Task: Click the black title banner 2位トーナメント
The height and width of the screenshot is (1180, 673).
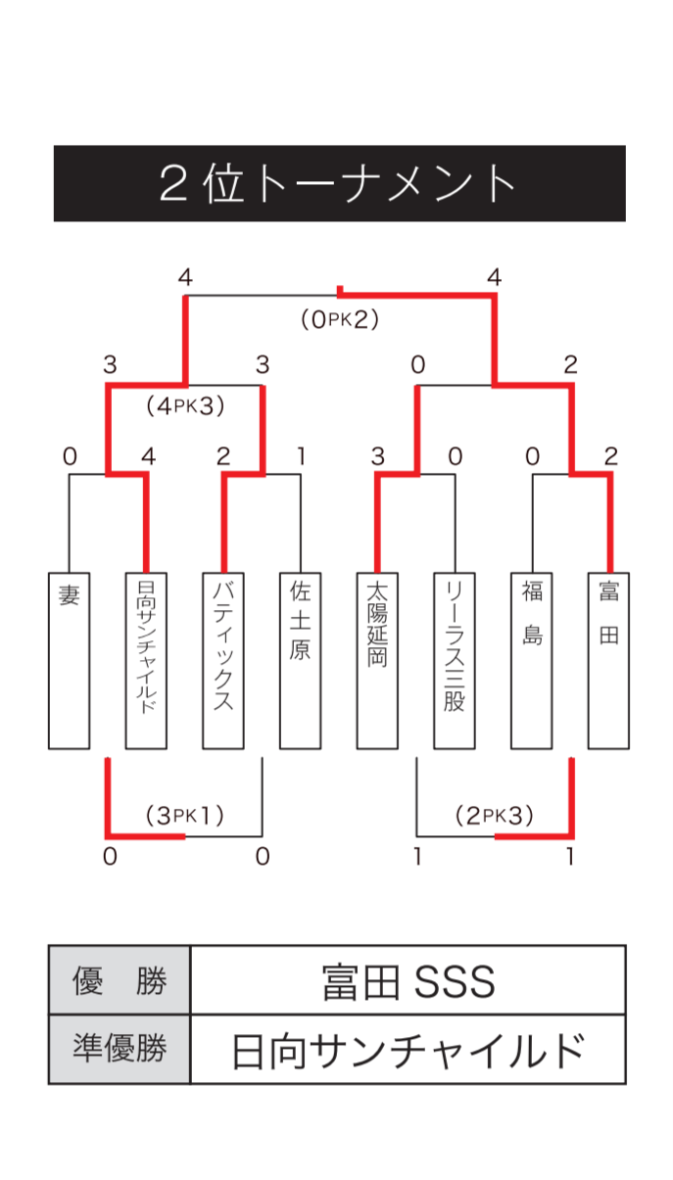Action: (339, 183)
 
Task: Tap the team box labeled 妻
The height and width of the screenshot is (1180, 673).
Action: (69, 661)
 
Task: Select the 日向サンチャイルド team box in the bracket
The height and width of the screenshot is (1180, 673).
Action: (146, 661)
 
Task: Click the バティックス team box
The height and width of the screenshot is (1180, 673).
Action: (223, 661)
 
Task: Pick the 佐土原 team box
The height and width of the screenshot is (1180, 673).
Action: (300, 661)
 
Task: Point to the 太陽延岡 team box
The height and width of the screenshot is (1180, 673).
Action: (377, 661)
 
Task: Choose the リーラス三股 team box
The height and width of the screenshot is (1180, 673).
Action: (455, 661)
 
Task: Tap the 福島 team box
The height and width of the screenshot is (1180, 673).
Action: (531, 661)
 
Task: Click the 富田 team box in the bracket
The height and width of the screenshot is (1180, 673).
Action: (608, 661)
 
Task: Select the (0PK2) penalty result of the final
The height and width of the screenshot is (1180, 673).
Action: (340, 319)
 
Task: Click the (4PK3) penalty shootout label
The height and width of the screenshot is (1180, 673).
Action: (185, 406)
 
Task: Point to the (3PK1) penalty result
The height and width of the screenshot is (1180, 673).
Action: (185, 816)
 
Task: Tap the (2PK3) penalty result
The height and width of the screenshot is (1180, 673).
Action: (495, 816)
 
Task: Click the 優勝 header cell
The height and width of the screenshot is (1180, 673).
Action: (120, 980)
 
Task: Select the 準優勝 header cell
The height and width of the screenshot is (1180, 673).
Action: (120, 1049)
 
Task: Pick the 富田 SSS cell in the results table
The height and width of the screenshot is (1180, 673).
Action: (409, 980)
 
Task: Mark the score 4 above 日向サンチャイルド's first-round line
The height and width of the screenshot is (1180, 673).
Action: (149, 456)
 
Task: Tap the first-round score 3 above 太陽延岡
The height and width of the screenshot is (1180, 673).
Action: (378, 456)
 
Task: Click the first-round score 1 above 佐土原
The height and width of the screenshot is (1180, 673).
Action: (302, 456)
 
